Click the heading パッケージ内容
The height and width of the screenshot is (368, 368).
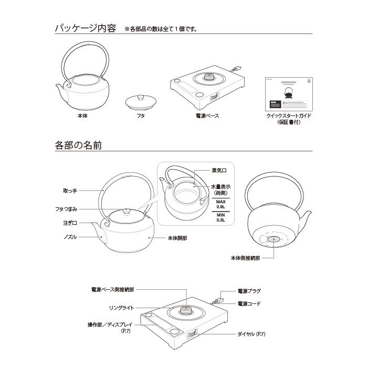(86, 28)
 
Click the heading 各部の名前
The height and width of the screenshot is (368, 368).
(78, 145)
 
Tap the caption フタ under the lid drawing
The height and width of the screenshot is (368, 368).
(141, 115)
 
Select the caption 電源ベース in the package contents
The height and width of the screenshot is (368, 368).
(207, 115)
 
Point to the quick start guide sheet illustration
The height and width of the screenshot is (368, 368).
(289, 94)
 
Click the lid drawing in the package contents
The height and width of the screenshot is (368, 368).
(141, 102)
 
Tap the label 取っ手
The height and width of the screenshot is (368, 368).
(70, 191)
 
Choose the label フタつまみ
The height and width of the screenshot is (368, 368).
(66, 209)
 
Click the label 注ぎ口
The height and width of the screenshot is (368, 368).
(70, 223)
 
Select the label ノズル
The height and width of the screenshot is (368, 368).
(70, 237)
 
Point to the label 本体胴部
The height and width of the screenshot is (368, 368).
(177, 238)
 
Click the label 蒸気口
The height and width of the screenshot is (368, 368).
(219, 171)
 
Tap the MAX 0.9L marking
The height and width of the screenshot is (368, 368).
(220, 204)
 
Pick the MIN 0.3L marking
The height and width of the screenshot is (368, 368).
(220, 217)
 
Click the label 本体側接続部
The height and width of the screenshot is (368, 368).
(245, 258)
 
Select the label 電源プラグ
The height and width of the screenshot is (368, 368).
(249, 291)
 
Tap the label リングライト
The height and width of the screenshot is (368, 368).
(122, 308)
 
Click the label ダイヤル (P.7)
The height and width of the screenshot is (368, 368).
(251, 334)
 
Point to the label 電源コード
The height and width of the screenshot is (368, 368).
(249, 304)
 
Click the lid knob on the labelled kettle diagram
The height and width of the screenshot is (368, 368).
(127, 211)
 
